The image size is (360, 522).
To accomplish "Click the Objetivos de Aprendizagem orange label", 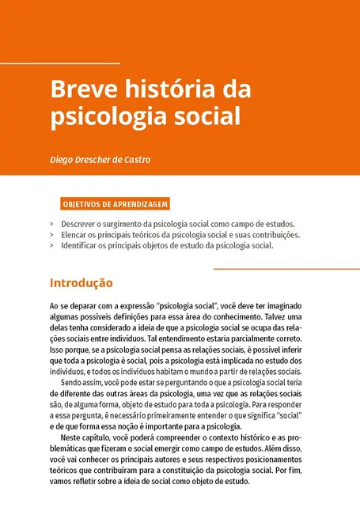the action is (114, 204).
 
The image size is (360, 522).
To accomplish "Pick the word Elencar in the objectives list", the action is (76, 235).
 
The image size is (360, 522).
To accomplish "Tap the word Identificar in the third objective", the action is (81, 245).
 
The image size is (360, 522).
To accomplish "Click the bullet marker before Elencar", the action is (51, 235).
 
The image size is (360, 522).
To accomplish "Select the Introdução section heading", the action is (81, 282).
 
